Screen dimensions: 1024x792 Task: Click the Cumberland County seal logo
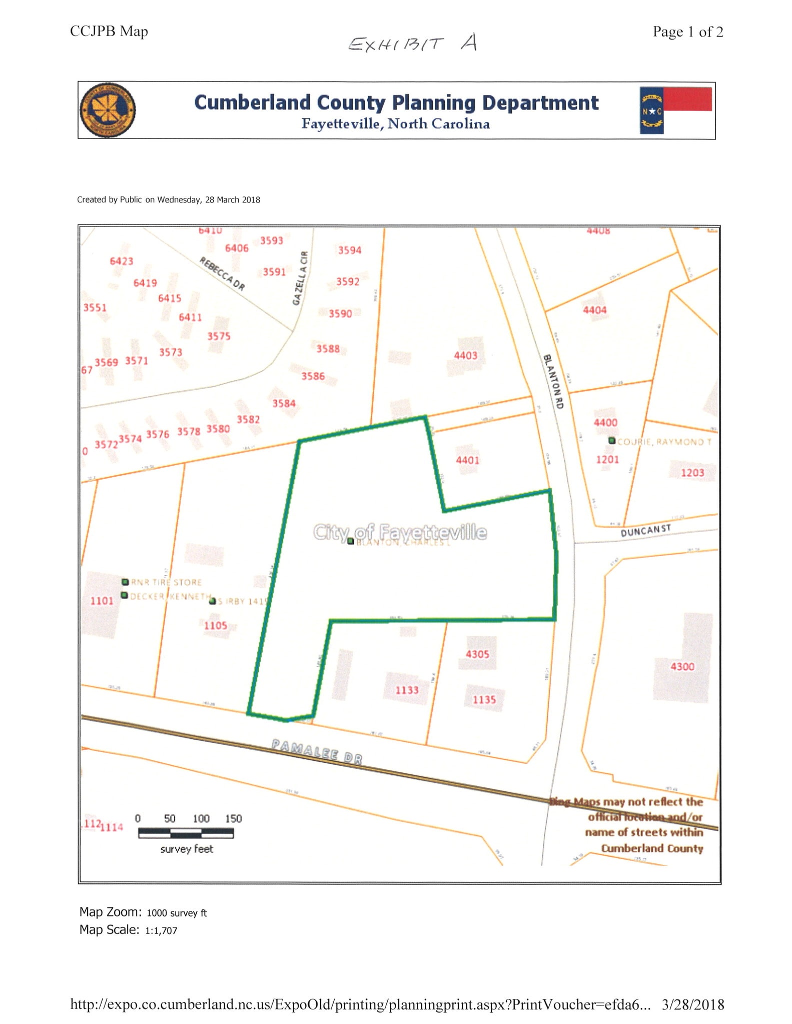tap(108, 110)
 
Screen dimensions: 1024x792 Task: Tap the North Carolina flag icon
tap(675, 110)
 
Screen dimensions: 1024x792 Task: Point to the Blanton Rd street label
tap(553, 381)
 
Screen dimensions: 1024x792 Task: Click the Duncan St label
tap(645, 530)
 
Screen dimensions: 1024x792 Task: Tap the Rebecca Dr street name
tap(222, 273)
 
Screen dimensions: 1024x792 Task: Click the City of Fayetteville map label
tap(400, 532)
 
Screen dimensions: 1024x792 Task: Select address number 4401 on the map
tap(467, 459)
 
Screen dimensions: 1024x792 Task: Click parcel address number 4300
tap(682, 666)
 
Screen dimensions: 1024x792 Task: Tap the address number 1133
tap(407, 690)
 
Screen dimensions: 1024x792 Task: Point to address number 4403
tap(465, 355)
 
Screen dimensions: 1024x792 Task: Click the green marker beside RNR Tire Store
tap(125, 582)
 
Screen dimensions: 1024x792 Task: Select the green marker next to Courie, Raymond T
tap(611, 440)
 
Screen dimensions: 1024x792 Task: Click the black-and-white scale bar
tap(186, 833)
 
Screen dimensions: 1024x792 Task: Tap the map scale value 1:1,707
tap(161, 930)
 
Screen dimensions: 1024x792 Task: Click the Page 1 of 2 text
tap(687, 32)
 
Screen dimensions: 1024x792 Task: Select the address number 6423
tap(122, 261)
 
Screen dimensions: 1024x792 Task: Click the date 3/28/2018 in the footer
tap(692, 1004)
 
